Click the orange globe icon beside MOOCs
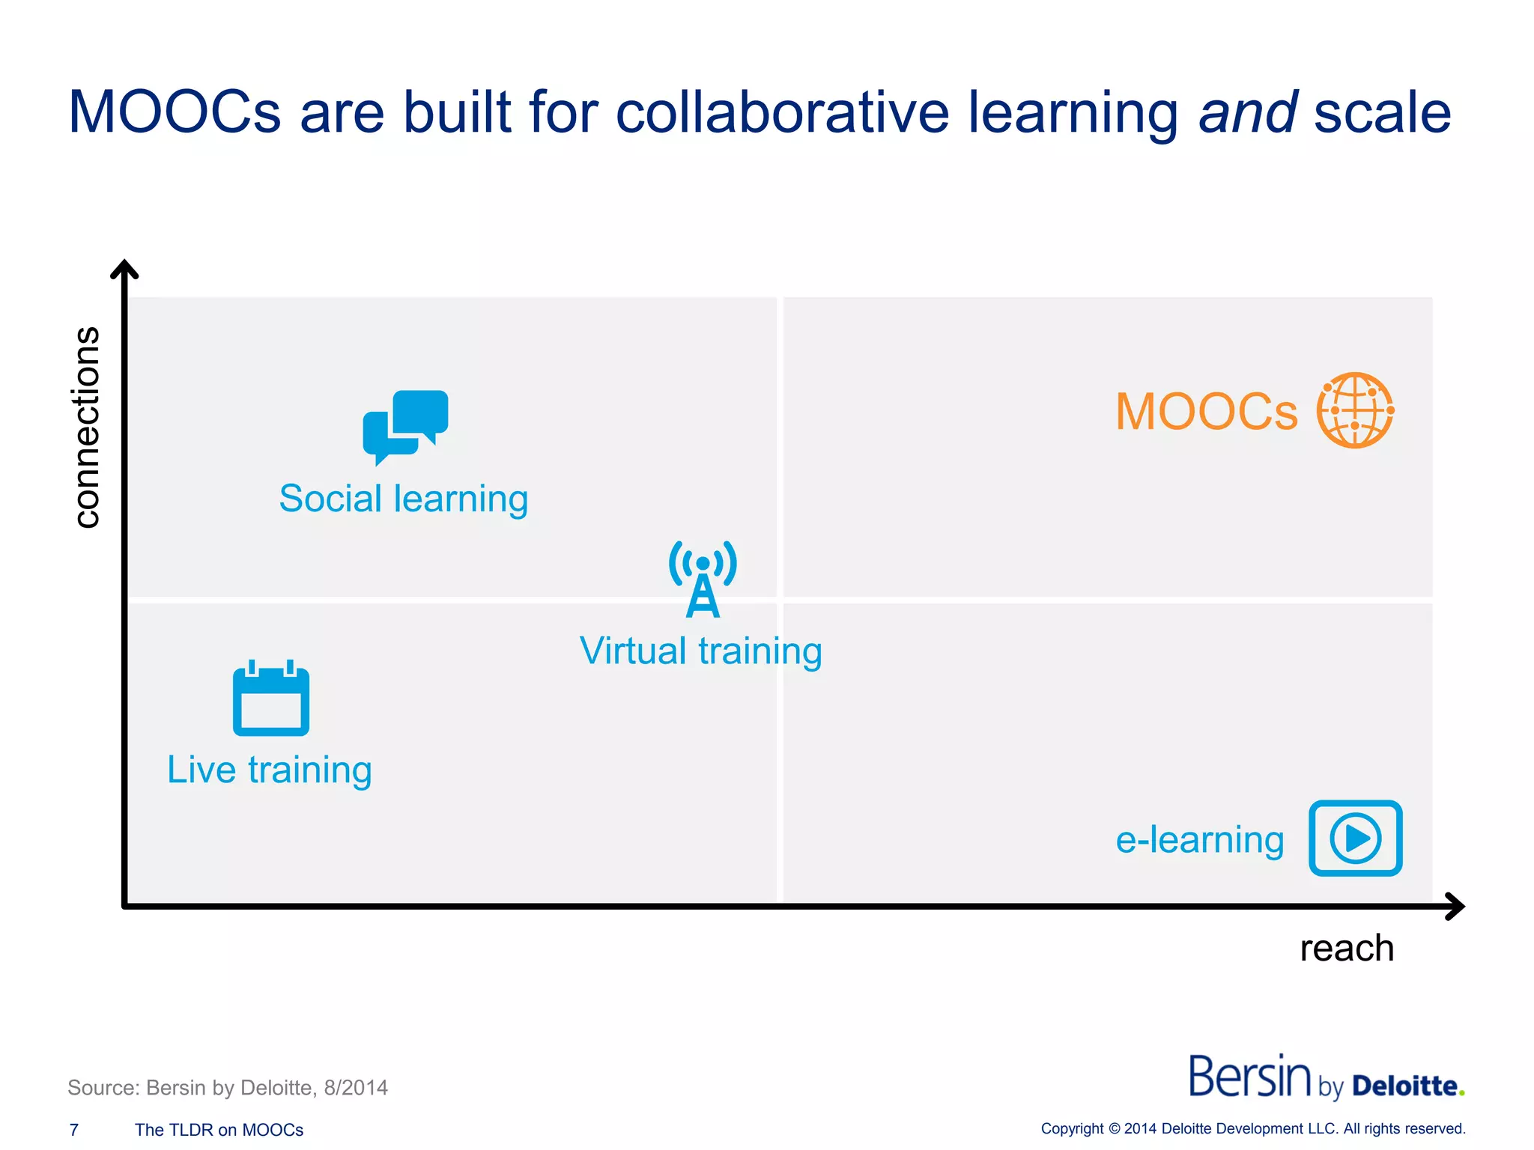pyautogui.click(x=1355, y=410)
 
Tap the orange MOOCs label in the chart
pyautogui.click(x=1206, y=412)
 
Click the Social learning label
pyautogui.click(x=404, y=499)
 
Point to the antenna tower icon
pyautogui.click(x=703, y=579)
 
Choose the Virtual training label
pyautogui.click(x=701, y=651)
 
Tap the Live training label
pyautogui.click(x=270, y=770)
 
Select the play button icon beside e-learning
pyautogui.click(x=1355, y=838)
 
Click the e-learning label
pyautogui.click(x=1200, y=839)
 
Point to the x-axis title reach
pyautogui.click(x=1347, y=948)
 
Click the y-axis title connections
pyautogui.click(x=88, y=427)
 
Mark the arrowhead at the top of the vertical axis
pyautogui.click(x=124, y=269)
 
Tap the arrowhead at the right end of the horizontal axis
pyautogui.click(x=1455, y=906)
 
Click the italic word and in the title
pyautogui.click(x=1248, y=112)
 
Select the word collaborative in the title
pyautogui.click(x=782, y=112)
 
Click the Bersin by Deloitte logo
pyautogui.click(x=1326, y=1078)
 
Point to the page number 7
pyautogui.click(x=74, y=1130)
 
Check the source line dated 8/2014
pyautogui.click(x=228, y=1087)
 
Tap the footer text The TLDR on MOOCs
pyautogui.click(x=219, y=1130)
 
